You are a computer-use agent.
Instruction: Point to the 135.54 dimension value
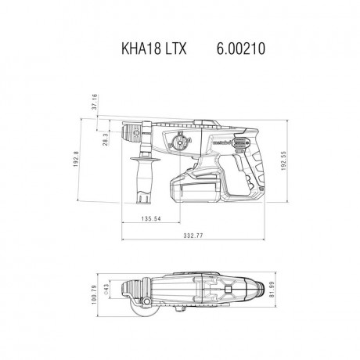(146, 218)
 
